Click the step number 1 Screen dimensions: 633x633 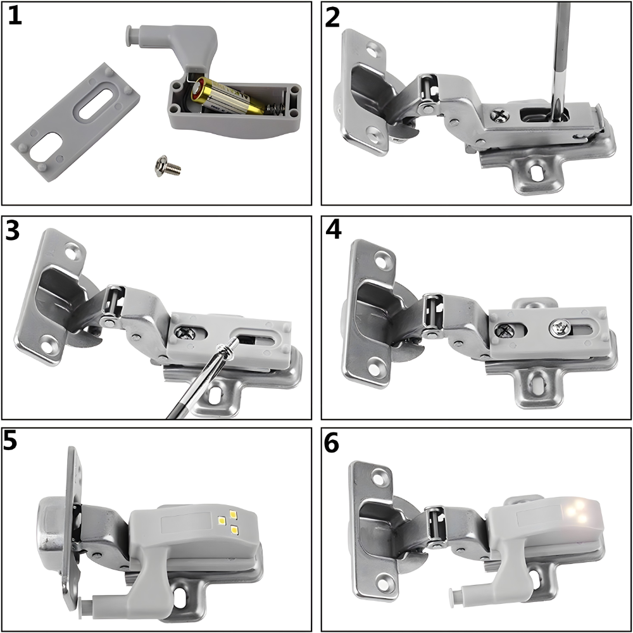point(15,16)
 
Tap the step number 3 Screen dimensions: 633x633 point(14,232)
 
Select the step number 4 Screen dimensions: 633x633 point(334,231)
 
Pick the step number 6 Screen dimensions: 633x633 point(332,444)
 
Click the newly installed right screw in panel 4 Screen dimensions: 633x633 point(558,327)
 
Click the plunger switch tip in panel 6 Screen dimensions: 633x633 point(454,593)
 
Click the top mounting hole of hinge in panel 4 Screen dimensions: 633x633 point(382,258)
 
